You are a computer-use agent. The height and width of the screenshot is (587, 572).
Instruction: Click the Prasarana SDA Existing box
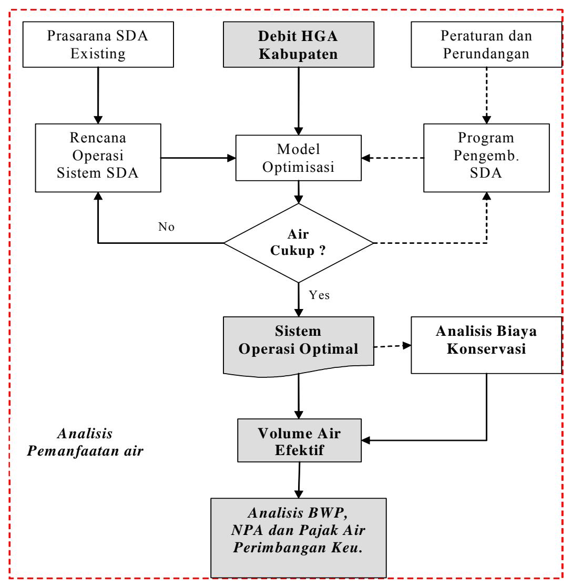[x=98, y=45]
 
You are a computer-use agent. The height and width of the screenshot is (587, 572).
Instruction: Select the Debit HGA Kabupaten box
[x=299, y=45]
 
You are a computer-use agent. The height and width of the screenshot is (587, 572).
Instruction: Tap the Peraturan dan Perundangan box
[x=487, y=45]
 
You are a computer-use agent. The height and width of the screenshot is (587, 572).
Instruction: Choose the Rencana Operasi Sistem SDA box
[x=98, y=158]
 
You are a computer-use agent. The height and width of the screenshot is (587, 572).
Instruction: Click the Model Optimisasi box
[x=299, y=158]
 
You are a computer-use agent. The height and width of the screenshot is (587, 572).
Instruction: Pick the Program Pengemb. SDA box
[x=487, y=158]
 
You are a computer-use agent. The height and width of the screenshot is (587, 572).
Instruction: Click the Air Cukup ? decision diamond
[x=299, y=243]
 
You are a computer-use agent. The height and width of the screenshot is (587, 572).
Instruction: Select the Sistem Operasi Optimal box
[x=299, y=346]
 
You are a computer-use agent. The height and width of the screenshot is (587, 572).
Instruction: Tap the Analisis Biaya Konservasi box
[x=487, y=345]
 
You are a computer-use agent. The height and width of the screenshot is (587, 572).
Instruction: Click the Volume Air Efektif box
[x=299, y=440]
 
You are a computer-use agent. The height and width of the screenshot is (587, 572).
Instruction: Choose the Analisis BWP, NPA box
[x=299, y=538]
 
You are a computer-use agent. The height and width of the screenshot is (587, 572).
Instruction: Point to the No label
[x=166, y=226]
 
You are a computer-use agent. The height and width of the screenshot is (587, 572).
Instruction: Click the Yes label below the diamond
[x=319, y=295]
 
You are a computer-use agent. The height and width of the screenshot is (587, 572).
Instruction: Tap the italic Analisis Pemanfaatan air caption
[x=85, y=442]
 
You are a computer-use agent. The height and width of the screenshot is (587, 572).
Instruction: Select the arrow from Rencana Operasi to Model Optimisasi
[x=198, y=158]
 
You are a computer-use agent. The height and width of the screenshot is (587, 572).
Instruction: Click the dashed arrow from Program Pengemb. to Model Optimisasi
[x=393, y=158]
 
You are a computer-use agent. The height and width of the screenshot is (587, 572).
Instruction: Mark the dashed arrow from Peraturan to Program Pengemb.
[x=487, y=96]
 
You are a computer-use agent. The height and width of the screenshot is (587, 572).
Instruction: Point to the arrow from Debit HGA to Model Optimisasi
[x=299, y=101]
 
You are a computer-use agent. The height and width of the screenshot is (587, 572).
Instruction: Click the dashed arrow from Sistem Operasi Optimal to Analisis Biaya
[x=393, y=346]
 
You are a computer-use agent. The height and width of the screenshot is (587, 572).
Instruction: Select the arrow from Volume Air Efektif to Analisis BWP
[x=299, y=480]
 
